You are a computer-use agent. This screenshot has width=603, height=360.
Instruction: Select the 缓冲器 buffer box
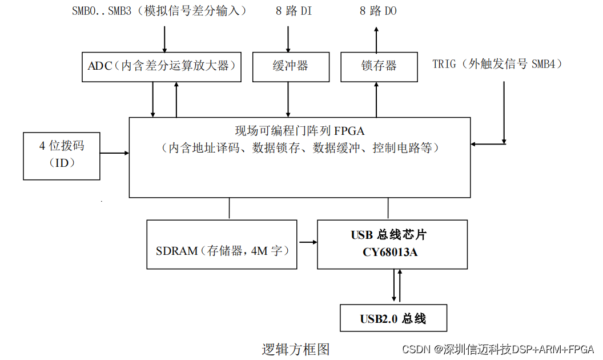click(x=291, y=66)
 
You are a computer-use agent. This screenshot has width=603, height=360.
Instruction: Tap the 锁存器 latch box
click(x=379, y=66)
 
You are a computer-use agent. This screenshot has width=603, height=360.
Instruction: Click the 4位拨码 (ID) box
click(x=62, y=155)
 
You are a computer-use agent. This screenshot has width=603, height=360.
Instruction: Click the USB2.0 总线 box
click(x=393, y=318)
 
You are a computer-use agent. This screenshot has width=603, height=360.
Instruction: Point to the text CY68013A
click(x=390, y=251)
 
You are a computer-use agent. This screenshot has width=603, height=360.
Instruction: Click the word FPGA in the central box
click(x=350, y=130)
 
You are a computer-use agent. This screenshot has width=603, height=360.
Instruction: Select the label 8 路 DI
click(x=290, y=11)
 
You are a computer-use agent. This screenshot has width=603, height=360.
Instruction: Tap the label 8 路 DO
click(x=378, y=11)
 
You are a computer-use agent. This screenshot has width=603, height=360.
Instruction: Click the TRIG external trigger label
click(x=497, y=64)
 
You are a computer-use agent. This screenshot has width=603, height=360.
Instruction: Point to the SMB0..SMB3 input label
click(x=159, y=11)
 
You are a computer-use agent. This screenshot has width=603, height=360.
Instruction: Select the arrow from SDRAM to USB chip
click(x=308, y=242)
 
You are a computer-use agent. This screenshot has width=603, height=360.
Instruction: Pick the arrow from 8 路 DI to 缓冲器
click(x=288, y=38)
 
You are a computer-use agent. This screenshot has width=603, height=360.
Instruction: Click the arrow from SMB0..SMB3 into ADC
click(x=164, y=38)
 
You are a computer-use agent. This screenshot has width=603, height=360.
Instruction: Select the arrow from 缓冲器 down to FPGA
click(x=288, y=99)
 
